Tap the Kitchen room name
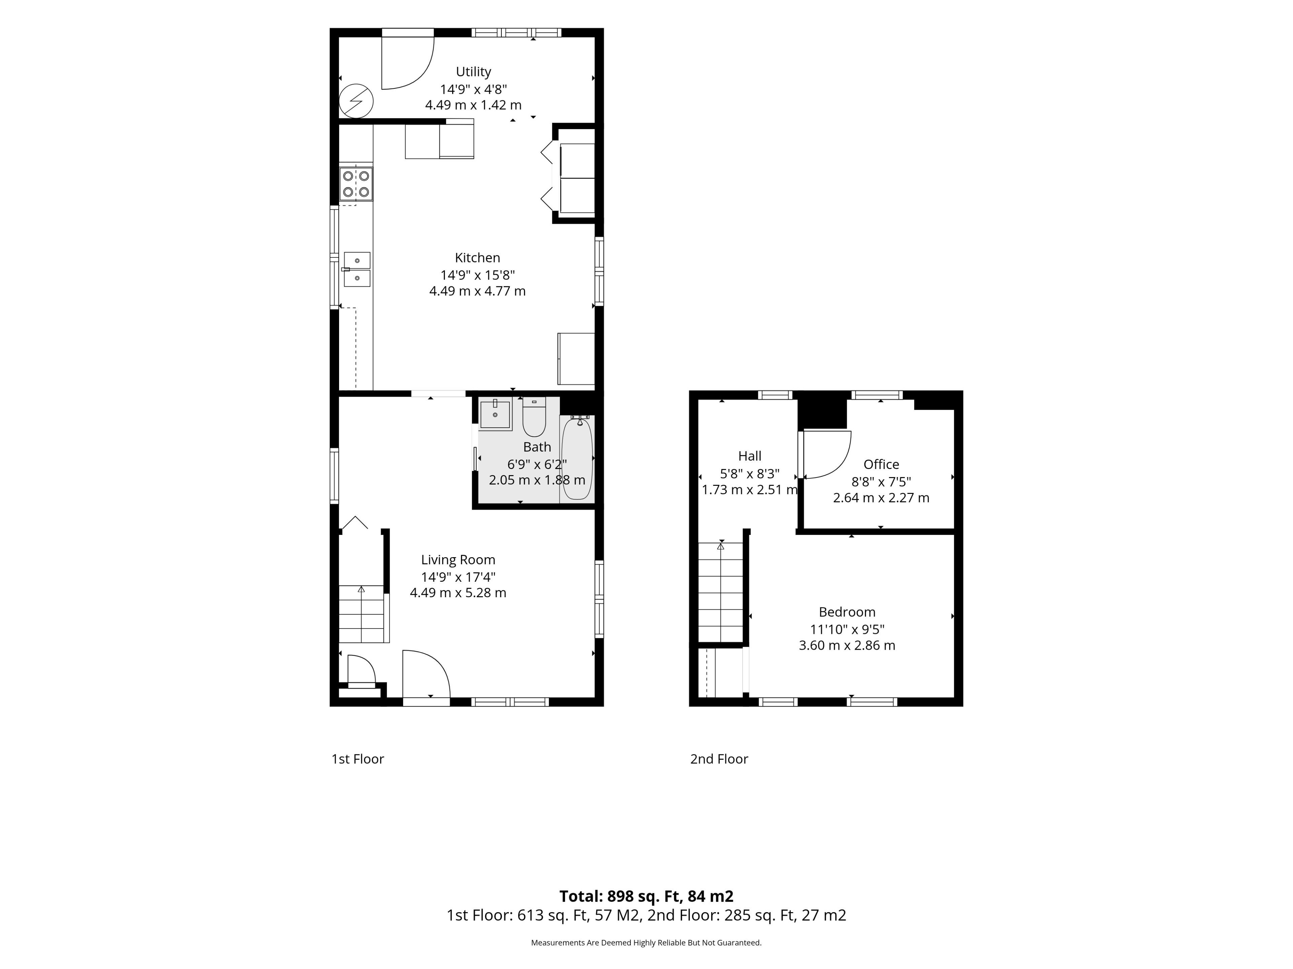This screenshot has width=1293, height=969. pos(477,258)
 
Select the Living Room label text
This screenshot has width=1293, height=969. pos(458,560)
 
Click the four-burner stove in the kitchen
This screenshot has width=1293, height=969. pos(356,183)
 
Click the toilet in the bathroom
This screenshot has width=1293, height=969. pos(534,417)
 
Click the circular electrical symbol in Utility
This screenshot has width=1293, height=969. pos(356,101)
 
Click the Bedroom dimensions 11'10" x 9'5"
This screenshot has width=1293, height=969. pos(847,629)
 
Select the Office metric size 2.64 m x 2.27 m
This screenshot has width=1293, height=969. pos(881,498)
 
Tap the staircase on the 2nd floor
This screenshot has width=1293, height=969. pos(721,592)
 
